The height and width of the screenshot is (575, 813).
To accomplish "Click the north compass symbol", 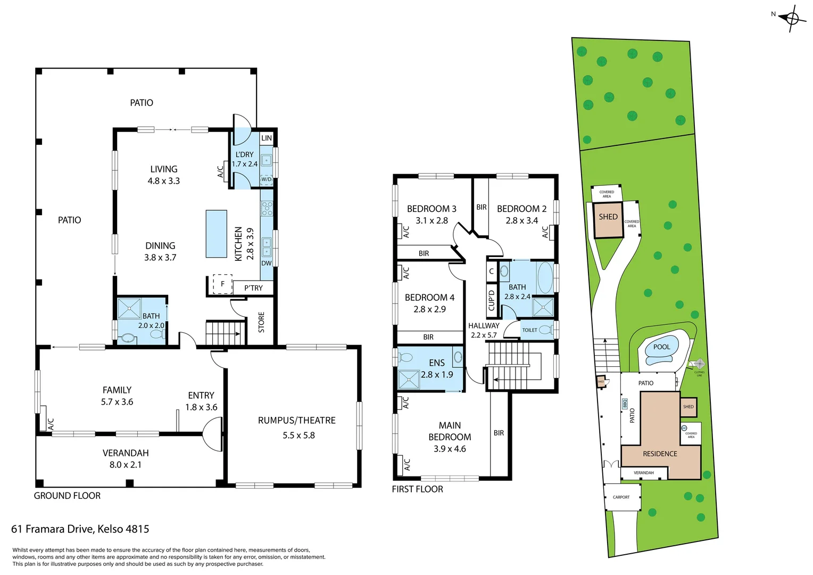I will (792, 19).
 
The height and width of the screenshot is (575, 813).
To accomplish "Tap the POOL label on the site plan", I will (661, 347).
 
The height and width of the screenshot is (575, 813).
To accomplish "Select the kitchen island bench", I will (217, 234).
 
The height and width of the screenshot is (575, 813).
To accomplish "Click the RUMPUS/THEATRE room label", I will (297, 421).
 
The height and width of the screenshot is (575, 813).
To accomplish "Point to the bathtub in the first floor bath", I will (545, 277).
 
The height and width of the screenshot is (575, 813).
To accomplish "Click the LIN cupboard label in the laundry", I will (267, 138).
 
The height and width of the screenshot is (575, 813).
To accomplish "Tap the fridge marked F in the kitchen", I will (222, 284).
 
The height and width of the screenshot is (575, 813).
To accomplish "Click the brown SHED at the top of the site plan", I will (608, 219).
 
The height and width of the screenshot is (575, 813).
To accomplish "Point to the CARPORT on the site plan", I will (621, 497).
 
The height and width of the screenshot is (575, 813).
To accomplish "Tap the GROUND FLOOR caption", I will (67, 496).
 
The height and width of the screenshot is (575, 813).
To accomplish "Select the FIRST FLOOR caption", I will (417, 489).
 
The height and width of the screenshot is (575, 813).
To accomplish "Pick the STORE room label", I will (261, 323).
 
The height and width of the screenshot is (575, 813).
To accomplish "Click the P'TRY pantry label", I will (253, 288).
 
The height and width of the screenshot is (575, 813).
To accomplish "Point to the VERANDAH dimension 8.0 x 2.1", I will (126, 465).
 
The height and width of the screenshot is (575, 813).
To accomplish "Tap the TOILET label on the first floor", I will (529, 330).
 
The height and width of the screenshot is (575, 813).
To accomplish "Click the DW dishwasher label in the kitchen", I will (267, 263).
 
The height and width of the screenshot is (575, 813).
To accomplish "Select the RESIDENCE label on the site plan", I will (660, 454).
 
